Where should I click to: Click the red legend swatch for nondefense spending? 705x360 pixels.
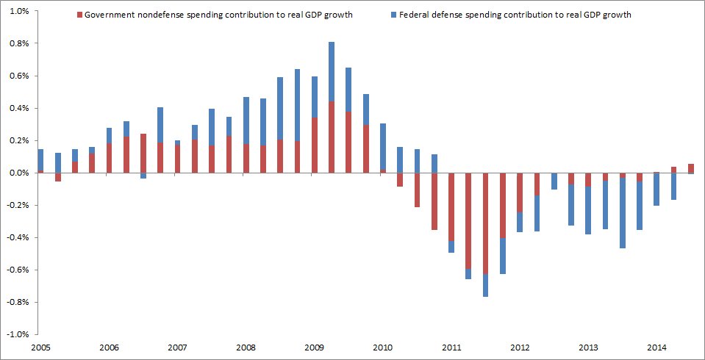point(79,15)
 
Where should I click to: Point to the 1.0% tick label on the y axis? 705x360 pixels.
point(17,11)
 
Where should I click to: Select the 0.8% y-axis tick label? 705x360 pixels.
point(17,43)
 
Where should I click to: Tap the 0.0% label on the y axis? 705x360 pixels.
point(17,173)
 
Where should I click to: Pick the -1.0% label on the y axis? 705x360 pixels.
point(15,334)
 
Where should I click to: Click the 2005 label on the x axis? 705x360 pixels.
point(40,347)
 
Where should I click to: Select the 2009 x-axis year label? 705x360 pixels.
point(315,347)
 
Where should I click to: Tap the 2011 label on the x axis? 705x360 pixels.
point(451,347)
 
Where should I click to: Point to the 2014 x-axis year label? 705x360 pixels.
point(657,347)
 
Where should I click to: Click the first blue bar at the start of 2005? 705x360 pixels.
point(40,159)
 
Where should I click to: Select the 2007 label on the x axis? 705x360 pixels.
point(177,347)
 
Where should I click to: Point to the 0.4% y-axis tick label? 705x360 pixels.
point(17,109)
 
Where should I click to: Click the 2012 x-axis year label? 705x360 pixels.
point(520,347)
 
